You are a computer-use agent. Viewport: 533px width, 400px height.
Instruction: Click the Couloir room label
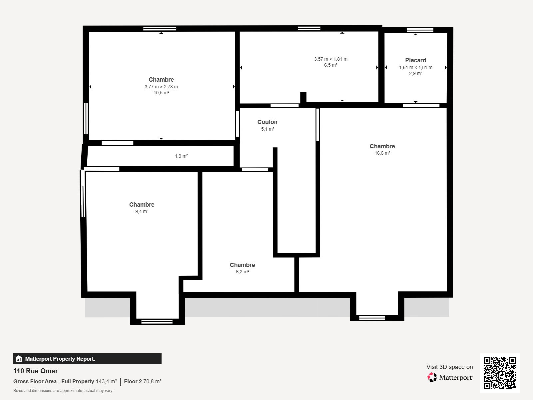click(267, 122)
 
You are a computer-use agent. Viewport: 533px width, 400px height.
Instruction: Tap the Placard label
click(415, 60)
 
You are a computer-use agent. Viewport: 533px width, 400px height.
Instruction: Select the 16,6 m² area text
click(382, 153)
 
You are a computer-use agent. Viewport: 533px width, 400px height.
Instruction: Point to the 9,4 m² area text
click(142, 212)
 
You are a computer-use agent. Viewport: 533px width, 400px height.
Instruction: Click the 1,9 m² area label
click(181, 156)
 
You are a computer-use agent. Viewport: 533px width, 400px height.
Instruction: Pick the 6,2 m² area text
click(242, 272)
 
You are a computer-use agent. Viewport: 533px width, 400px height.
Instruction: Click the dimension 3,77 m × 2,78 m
click(161, 87)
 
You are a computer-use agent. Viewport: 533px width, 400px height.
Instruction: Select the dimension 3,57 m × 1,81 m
click(330, 59)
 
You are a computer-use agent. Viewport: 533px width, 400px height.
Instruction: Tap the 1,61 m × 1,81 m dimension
click(415, 67)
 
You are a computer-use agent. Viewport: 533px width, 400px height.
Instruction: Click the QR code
click(499, 373)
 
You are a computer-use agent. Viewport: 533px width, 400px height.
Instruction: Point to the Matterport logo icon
click(432, 377)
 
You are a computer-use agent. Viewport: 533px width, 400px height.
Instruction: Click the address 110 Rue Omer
click(36, 371)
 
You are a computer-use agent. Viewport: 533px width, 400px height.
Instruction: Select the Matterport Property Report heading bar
click(87, 359)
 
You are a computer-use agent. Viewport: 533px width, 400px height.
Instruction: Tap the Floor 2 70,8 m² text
click(143, 381)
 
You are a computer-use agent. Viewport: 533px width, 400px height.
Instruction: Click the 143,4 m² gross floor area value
click(106, 381)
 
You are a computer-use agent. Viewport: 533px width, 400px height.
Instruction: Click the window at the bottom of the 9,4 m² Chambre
click(157, 322)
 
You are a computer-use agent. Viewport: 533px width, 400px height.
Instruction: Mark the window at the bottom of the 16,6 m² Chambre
click(372, 318)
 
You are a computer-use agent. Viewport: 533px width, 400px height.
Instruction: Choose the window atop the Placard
click(420, 30)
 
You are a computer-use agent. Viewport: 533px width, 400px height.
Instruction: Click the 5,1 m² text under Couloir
click(267, 129)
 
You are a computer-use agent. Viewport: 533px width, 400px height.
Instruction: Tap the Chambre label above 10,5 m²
click(161, 80)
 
